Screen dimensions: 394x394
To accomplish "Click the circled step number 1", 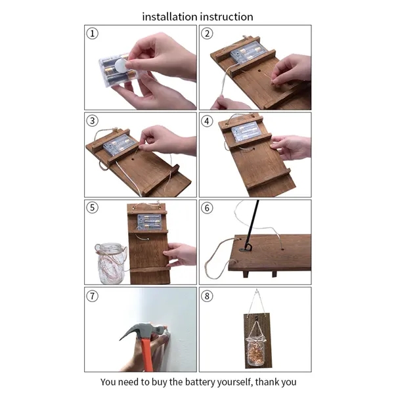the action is click(x=92, y=33).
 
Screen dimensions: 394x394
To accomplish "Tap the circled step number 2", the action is click(x=207, y=33).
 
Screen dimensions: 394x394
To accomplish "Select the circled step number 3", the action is click(x=92, y=121).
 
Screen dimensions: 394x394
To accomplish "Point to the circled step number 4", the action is click(x=207, y=121).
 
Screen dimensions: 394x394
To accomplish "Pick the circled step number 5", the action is click(x=92, y=208).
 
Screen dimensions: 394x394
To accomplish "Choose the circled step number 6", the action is click(x=207, y=208).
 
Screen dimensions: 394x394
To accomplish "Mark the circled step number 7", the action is click(x=92, y=295).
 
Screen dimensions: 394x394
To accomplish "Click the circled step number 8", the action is click(x=207, y=296).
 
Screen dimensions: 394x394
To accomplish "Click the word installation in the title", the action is click(x=169, y=17).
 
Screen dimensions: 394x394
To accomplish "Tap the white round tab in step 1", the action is click(x=121, y=66).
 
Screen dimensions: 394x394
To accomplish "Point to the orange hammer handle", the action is click(x=146, y=355).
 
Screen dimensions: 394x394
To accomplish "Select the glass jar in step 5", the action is click(x=111, y=263).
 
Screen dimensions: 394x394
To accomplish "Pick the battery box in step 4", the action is click(x=245, y=131).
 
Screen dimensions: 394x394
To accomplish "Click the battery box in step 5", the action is click(x=149, y=222).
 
